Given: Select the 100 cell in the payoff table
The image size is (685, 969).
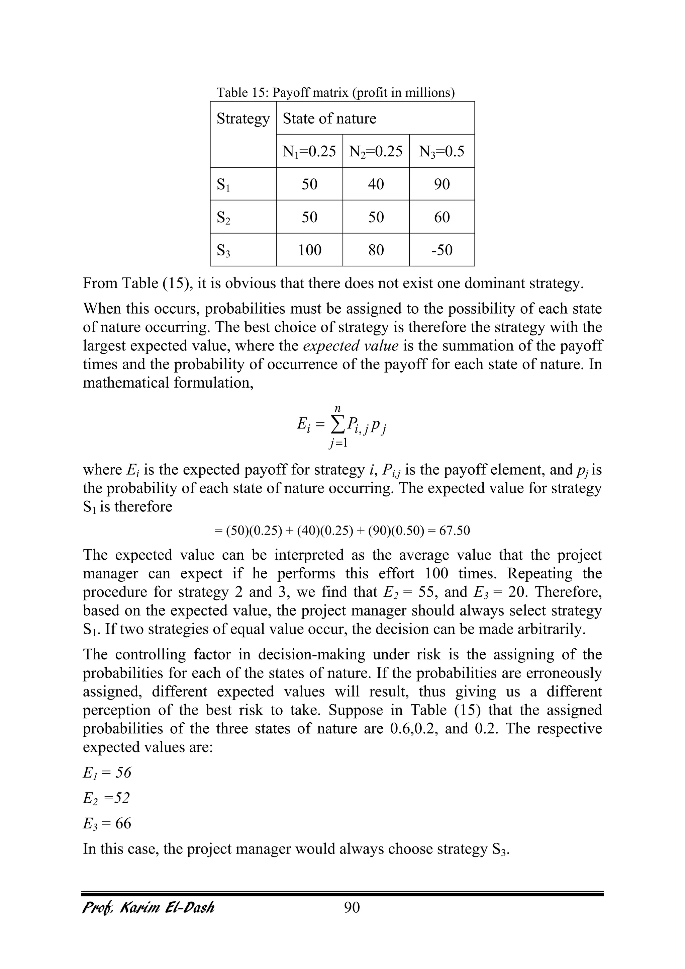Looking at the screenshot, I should click(x=310, y=250).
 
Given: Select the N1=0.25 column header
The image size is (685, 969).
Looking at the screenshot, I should click(x=310, y=151).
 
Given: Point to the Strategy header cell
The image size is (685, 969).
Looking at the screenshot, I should click(x=243, y=118).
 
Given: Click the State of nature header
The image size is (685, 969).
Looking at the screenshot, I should click(x=329, y=118).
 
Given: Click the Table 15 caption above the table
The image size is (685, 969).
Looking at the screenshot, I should click(x=335, y=92).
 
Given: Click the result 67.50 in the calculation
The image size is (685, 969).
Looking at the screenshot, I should click(x=454, y=531).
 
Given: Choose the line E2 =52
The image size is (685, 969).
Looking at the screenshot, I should click(x=106, y=798).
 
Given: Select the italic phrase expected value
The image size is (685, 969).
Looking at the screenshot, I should click(x=351, y=346).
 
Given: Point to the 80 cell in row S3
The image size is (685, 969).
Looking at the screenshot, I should click(x=376, y=250).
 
